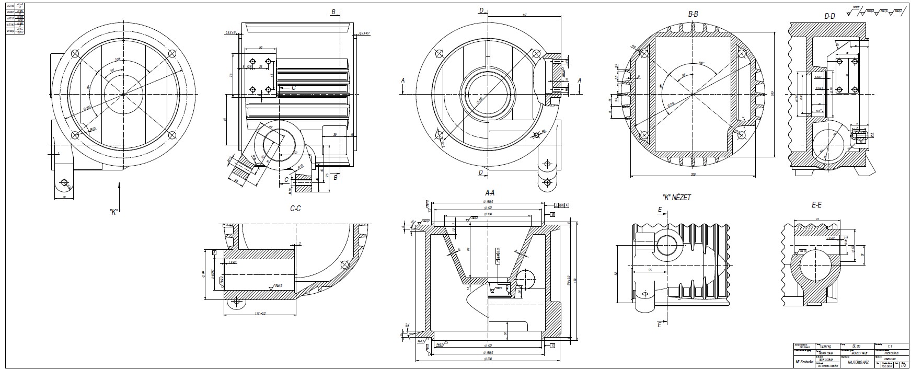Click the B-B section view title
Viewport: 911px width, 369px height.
[x=693, y=15]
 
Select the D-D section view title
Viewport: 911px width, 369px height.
[x=829, y=16]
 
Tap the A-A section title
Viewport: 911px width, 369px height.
[x=489, y=193]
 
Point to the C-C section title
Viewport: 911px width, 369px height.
[x=295, y=208]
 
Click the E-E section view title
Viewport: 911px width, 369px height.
[x=817, y=206]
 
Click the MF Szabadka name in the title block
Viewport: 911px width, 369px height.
[x=803, y=362]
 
